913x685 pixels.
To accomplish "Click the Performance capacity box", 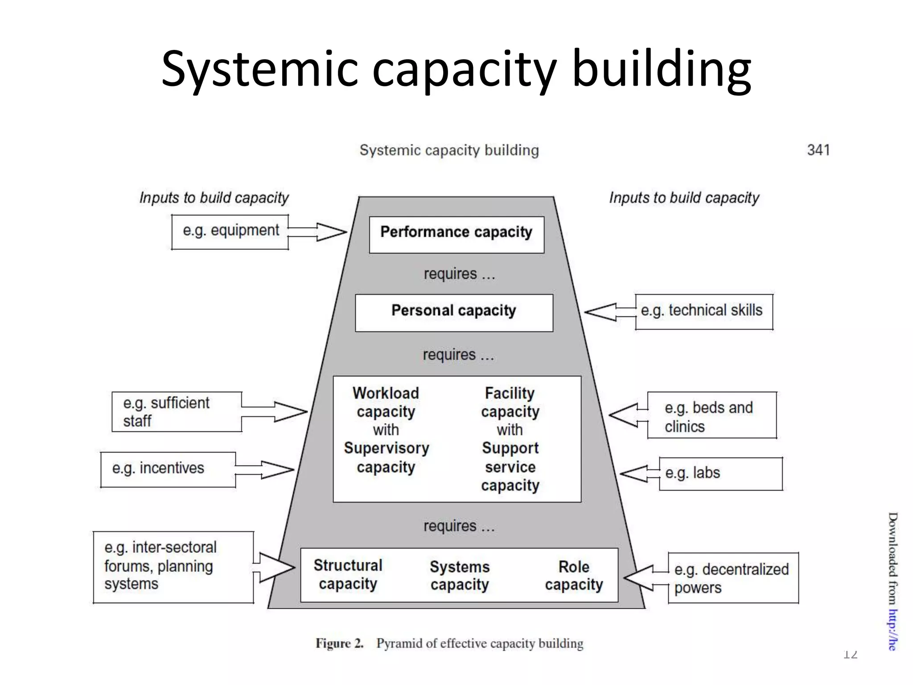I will pos(456,235).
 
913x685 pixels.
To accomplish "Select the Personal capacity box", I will pos(454,313).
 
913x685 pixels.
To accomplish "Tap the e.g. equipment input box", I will pos(230,231).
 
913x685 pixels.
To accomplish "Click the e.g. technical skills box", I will pos(703,311).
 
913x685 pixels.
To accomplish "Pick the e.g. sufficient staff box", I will pos(177,412).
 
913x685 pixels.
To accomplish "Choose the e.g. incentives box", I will pos(168,469).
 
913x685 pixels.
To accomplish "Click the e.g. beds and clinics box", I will pos(711,415).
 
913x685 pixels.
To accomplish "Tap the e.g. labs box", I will pos(720,474).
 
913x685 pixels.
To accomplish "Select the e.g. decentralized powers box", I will pos(733,578).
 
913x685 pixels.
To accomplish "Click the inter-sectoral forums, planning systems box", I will pos(173,567).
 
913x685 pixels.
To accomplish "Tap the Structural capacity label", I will pos(348,574).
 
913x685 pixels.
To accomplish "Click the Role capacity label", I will pos(574,575).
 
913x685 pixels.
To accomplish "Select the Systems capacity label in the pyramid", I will pos(460,575).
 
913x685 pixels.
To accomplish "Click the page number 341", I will pos(818,150).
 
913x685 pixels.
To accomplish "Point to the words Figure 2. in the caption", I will pos(339,643).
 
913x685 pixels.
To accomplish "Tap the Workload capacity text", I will pos(386,402).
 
